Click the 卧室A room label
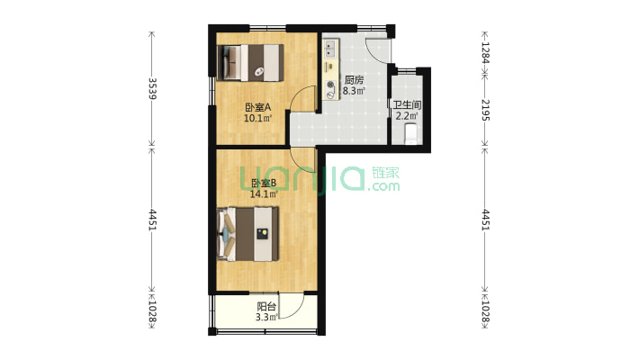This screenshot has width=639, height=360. tap(258, 107)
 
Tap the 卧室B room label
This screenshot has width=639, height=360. tap(264, 183)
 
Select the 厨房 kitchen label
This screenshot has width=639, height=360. tap(354, 80)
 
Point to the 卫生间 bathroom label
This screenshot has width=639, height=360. tap(407, 104)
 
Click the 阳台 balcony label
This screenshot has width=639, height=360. tap(266, 307)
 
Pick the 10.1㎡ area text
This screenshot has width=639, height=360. tap(257, 118)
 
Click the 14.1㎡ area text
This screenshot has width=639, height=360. tap(264, 194)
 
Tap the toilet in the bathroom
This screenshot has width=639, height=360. tap(410, 134)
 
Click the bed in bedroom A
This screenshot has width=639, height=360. tap(250, 63)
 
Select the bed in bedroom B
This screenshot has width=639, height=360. tap(248, 234)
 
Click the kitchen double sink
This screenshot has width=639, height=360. tap(330, 49)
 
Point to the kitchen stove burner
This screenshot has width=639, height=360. tap(330, 85)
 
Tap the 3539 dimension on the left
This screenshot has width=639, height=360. tap(152, 88)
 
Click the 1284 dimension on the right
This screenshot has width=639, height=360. tap(485, 52)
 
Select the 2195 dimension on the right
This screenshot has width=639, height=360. tap(485, 110)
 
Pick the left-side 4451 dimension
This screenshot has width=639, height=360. tap(152, 220)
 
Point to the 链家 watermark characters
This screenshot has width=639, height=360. tap(385, 173)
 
